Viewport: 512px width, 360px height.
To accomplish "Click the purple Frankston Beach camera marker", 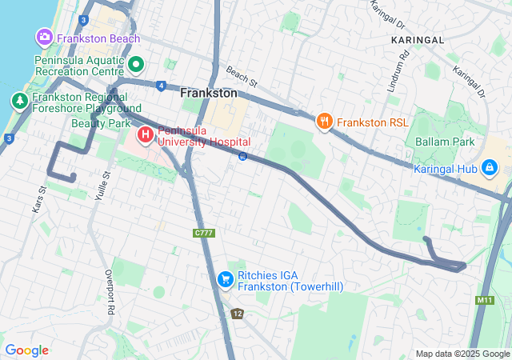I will [44, 38].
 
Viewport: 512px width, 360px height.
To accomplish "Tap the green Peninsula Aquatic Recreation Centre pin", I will [136, 64].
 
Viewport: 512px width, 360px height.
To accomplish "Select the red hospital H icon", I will [146, 134].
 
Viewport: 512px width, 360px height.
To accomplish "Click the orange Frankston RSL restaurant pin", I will [324, 122].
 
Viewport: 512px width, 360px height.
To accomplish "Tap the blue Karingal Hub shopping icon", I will [489, 168].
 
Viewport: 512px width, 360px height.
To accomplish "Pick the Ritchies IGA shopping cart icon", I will [226, 279].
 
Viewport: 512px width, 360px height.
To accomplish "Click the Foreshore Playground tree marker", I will [18, 101].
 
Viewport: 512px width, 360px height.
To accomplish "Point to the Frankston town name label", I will [209, 93].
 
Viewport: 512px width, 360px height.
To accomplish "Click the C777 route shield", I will [203, 233].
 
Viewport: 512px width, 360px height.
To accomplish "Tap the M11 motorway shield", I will [484, 300].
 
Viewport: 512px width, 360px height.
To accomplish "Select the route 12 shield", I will [237, 313].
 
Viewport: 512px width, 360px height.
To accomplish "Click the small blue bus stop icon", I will [242, 156].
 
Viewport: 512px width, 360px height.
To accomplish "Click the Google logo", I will [26, 350].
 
